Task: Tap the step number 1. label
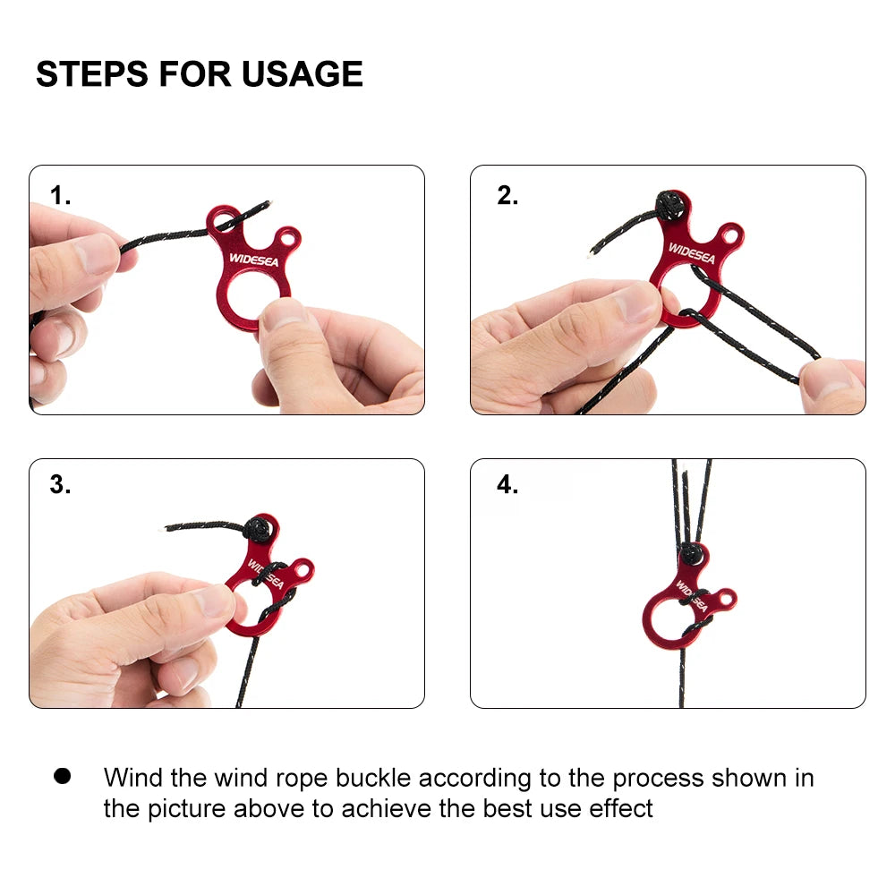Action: (x=60, y=196)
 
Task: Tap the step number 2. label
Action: (x=507, y=196)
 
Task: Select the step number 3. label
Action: (x=60, y=485)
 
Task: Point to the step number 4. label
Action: (x=507, y=485)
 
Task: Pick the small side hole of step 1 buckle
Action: (x=286, y=239)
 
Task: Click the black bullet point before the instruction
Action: (x=62, y=776)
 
